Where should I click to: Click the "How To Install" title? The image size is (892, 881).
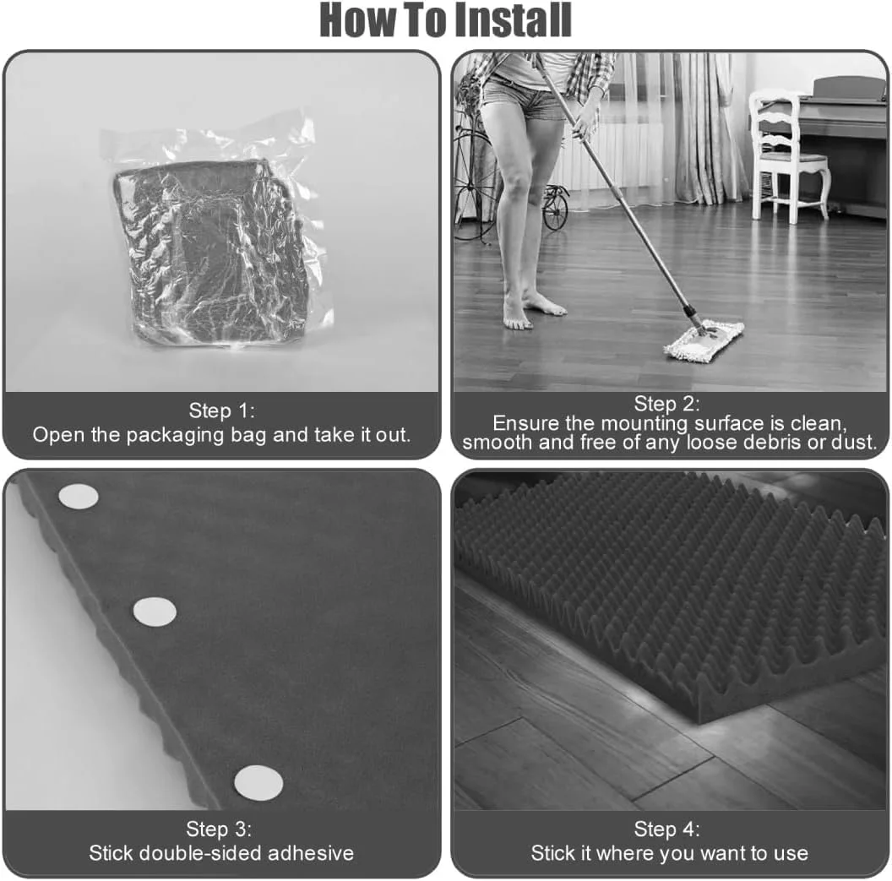(445, 20)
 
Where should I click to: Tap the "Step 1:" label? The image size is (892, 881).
(222, 410)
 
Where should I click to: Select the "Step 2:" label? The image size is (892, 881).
(666, 403)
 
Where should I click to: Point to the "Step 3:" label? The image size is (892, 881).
(219, 829)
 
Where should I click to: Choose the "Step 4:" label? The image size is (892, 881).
(666, 829)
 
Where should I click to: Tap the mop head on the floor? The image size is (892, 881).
(704, 341)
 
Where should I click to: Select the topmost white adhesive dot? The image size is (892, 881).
(79, 497)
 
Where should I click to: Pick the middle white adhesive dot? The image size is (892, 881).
(155, 612)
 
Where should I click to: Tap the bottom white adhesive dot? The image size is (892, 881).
(258, 783)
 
